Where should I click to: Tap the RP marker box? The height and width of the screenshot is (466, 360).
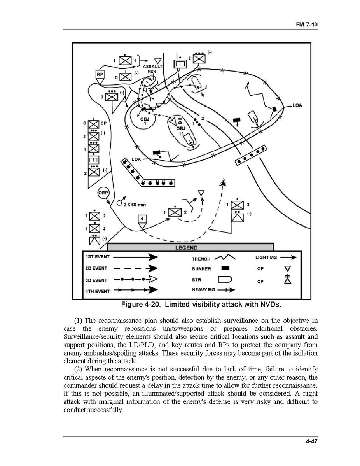(x=100, y=74)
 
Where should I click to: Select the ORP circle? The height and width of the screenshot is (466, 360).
(x=104, y=193)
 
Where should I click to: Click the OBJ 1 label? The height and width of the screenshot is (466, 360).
(x=145, y=121)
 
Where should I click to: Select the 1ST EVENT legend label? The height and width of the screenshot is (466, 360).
(x=97, y=257)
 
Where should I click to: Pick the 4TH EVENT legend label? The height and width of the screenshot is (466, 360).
(x=97, y=291)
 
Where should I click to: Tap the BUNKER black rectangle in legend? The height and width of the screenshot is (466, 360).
(x=225, y=268)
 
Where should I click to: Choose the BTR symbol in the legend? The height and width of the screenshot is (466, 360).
(x=225, y=279)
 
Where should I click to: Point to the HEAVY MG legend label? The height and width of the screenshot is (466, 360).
(x=203, y=290)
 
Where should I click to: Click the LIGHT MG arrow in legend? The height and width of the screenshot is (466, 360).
(x=288, y=257)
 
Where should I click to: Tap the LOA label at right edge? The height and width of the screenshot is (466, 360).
(x=297, y=105)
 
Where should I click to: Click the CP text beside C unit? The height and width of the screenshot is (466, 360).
(x=103, y=123)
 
